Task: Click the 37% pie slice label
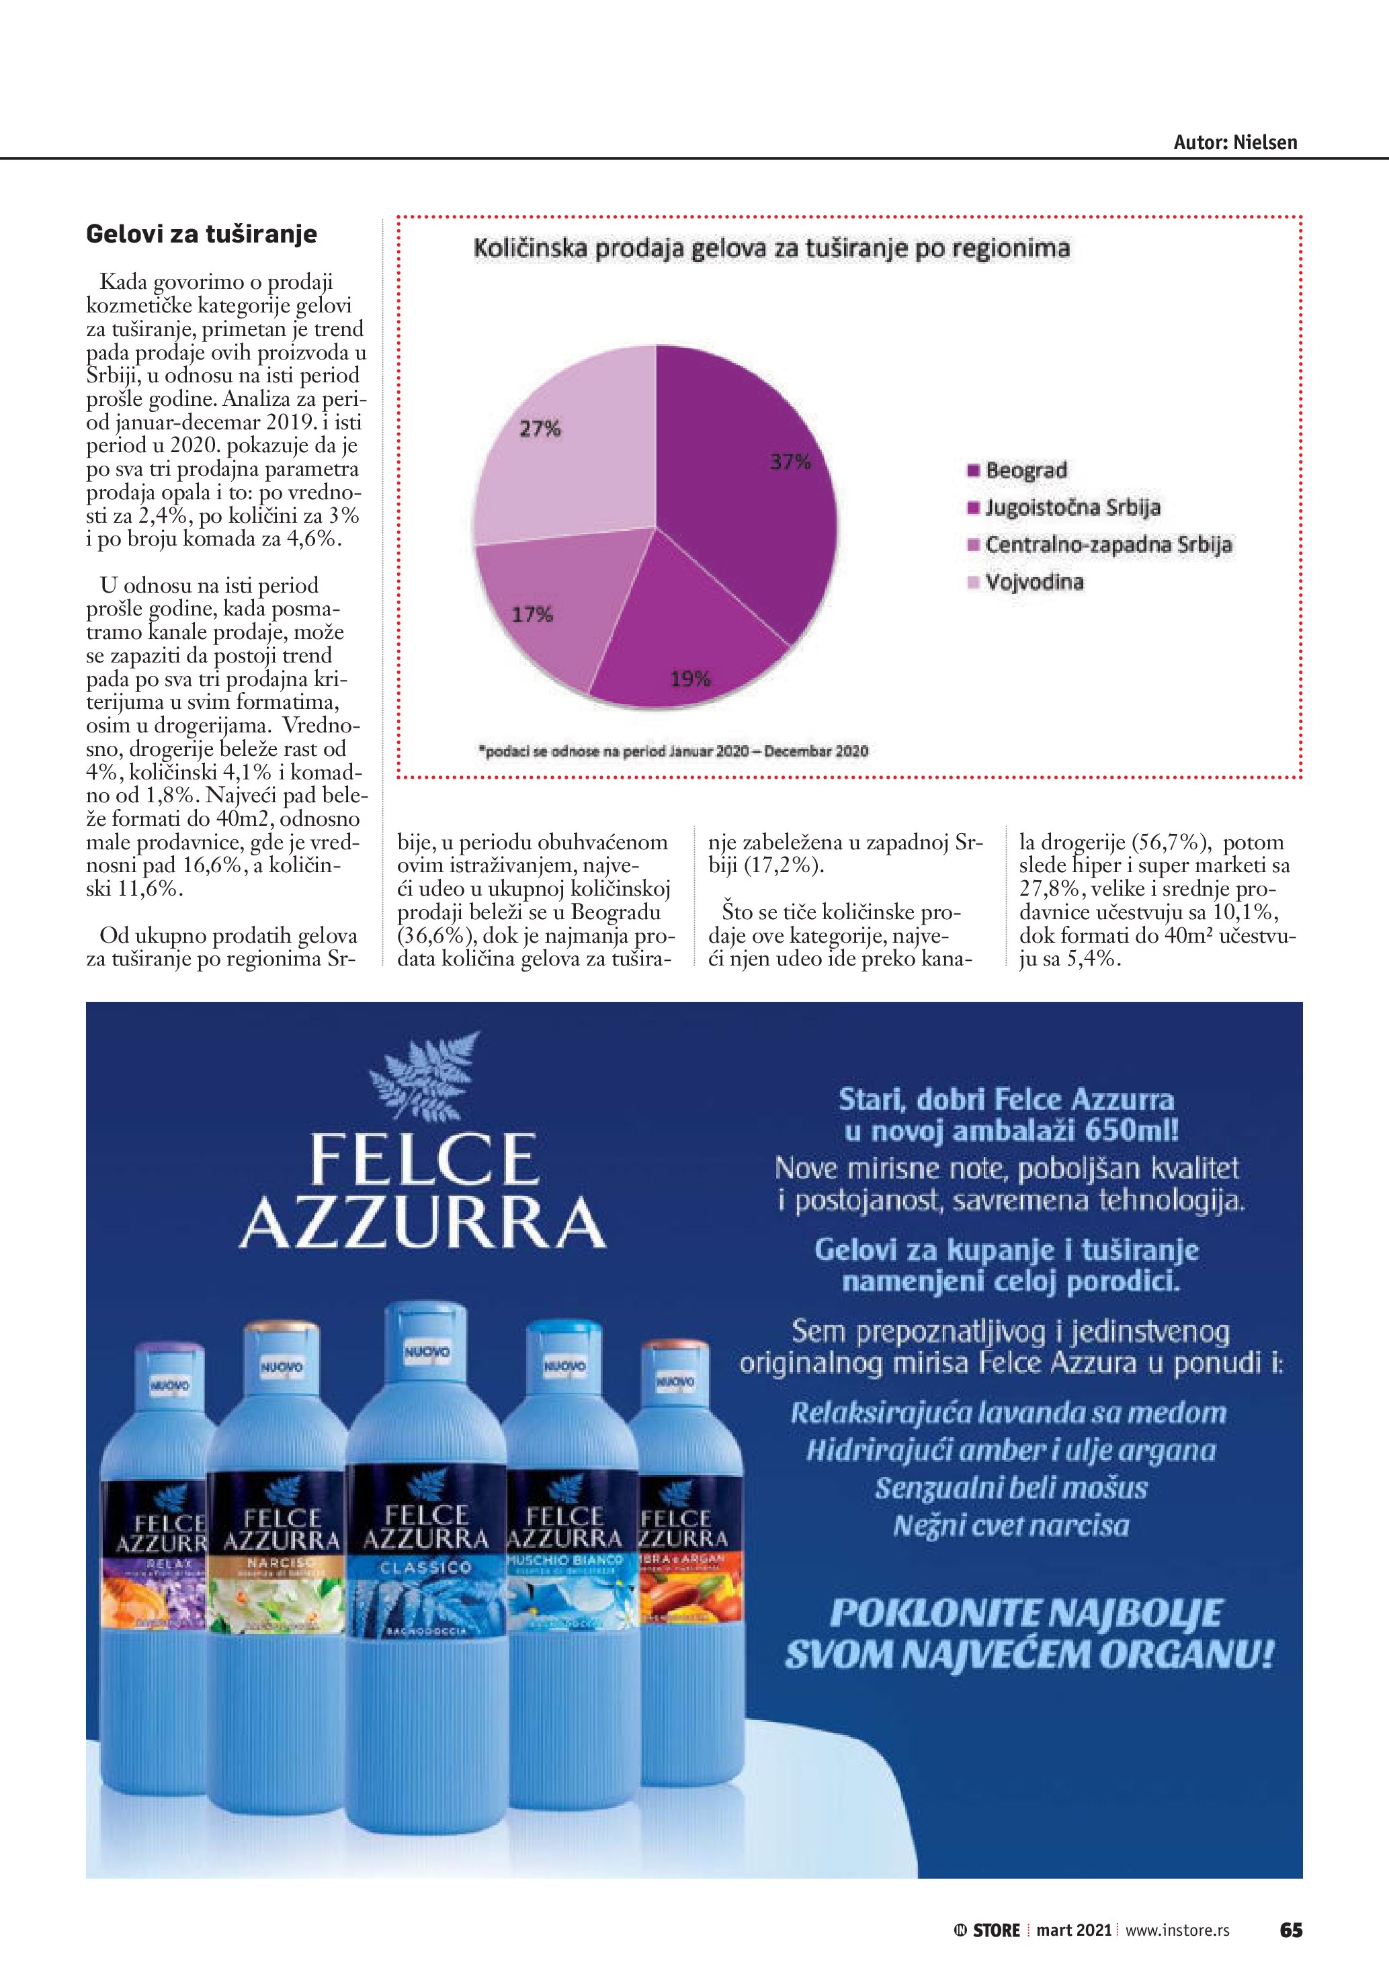pos(790,462)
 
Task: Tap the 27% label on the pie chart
pos(540,429)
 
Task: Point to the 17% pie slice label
pos(532,614)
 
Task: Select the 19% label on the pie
pos(689,679)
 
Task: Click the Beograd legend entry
pos(1025,470)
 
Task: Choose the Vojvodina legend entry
pos(1034,583)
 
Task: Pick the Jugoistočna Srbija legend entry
pos(1072,507)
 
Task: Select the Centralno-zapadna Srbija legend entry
pos(1107,545)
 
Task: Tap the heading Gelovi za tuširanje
pos(202,234)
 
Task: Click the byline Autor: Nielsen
pos(1234,143)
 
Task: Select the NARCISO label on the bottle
pos(282,1563)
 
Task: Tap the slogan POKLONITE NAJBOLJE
pos(1026,1613)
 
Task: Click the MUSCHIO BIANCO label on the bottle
pos(564,1560)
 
